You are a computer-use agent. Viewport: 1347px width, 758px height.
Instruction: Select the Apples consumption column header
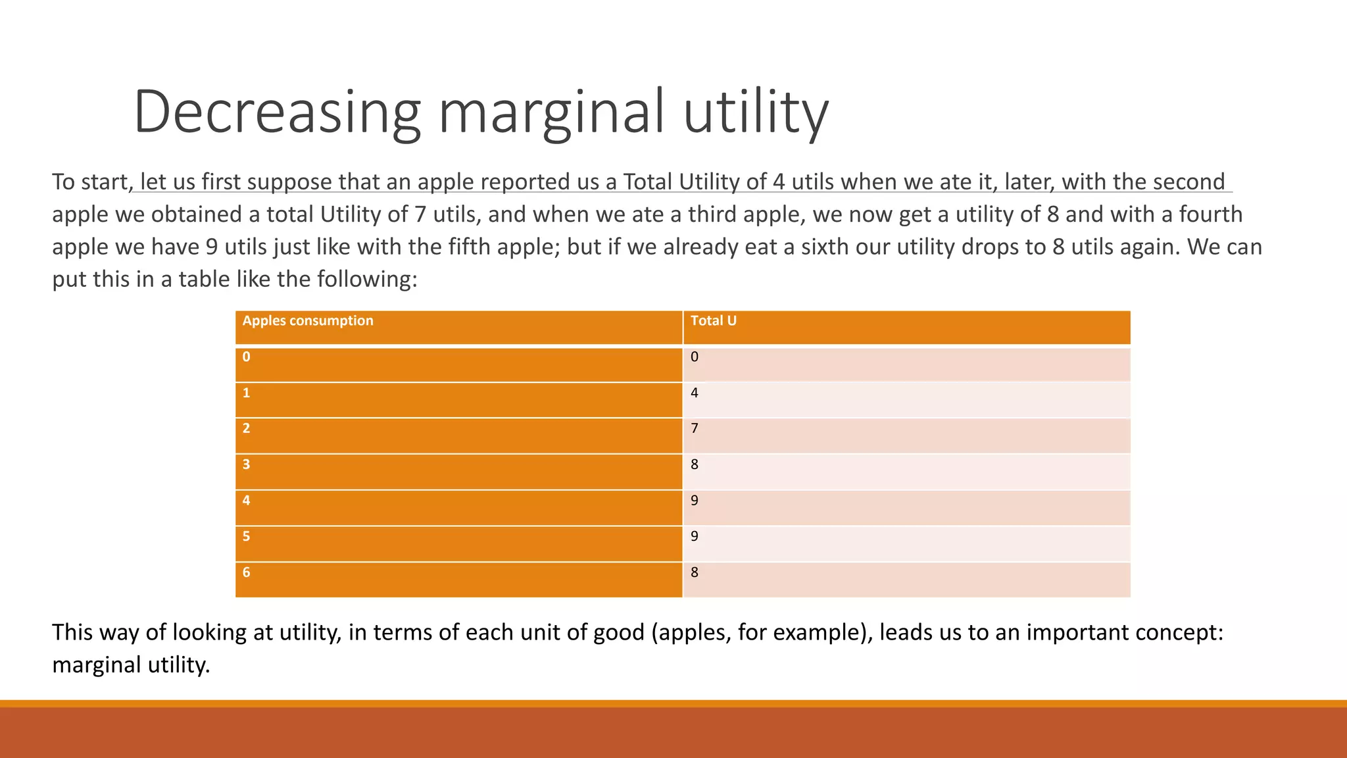pyautogui.click(x=307, y=321)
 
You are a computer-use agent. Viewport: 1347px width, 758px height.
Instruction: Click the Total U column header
pyautogui.click(x=713, y=321)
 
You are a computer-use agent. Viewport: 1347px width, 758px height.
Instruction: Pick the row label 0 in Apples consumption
pyautogui.click(x=246, y=357)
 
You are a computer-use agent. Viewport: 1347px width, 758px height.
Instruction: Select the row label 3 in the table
pyautogui.click(x=246, y=465)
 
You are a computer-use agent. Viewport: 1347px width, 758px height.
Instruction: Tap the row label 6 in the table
pyautogui.click(x=246, y=572)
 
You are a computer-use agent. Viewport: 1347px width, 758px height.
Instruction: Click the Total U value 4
pyautogui.click(x=694, y=393)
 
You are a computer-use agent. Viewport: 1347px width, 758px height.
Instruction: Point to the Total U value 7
pyautogui.click(x=694, y=429)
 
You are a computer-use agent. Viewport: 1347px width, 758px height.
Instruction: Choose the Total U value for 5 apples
pyautogui.click(x=694, y=537)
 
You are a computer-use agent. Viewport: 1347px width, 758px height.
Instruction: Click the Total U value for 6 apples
pyautogui.click(x=694, y=572)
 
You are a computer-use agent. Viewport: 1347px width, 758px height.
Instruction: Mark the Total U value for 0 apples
pyautogui.click(x=694, y=357)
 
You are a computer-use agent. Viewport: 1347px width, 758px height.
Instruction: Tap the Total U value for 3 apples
pyautogui.click(x=694, y=465)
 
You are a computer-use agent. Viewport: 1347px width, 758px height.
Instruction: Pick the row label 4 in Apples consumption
pyautogui.click(x=246, y=501)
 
